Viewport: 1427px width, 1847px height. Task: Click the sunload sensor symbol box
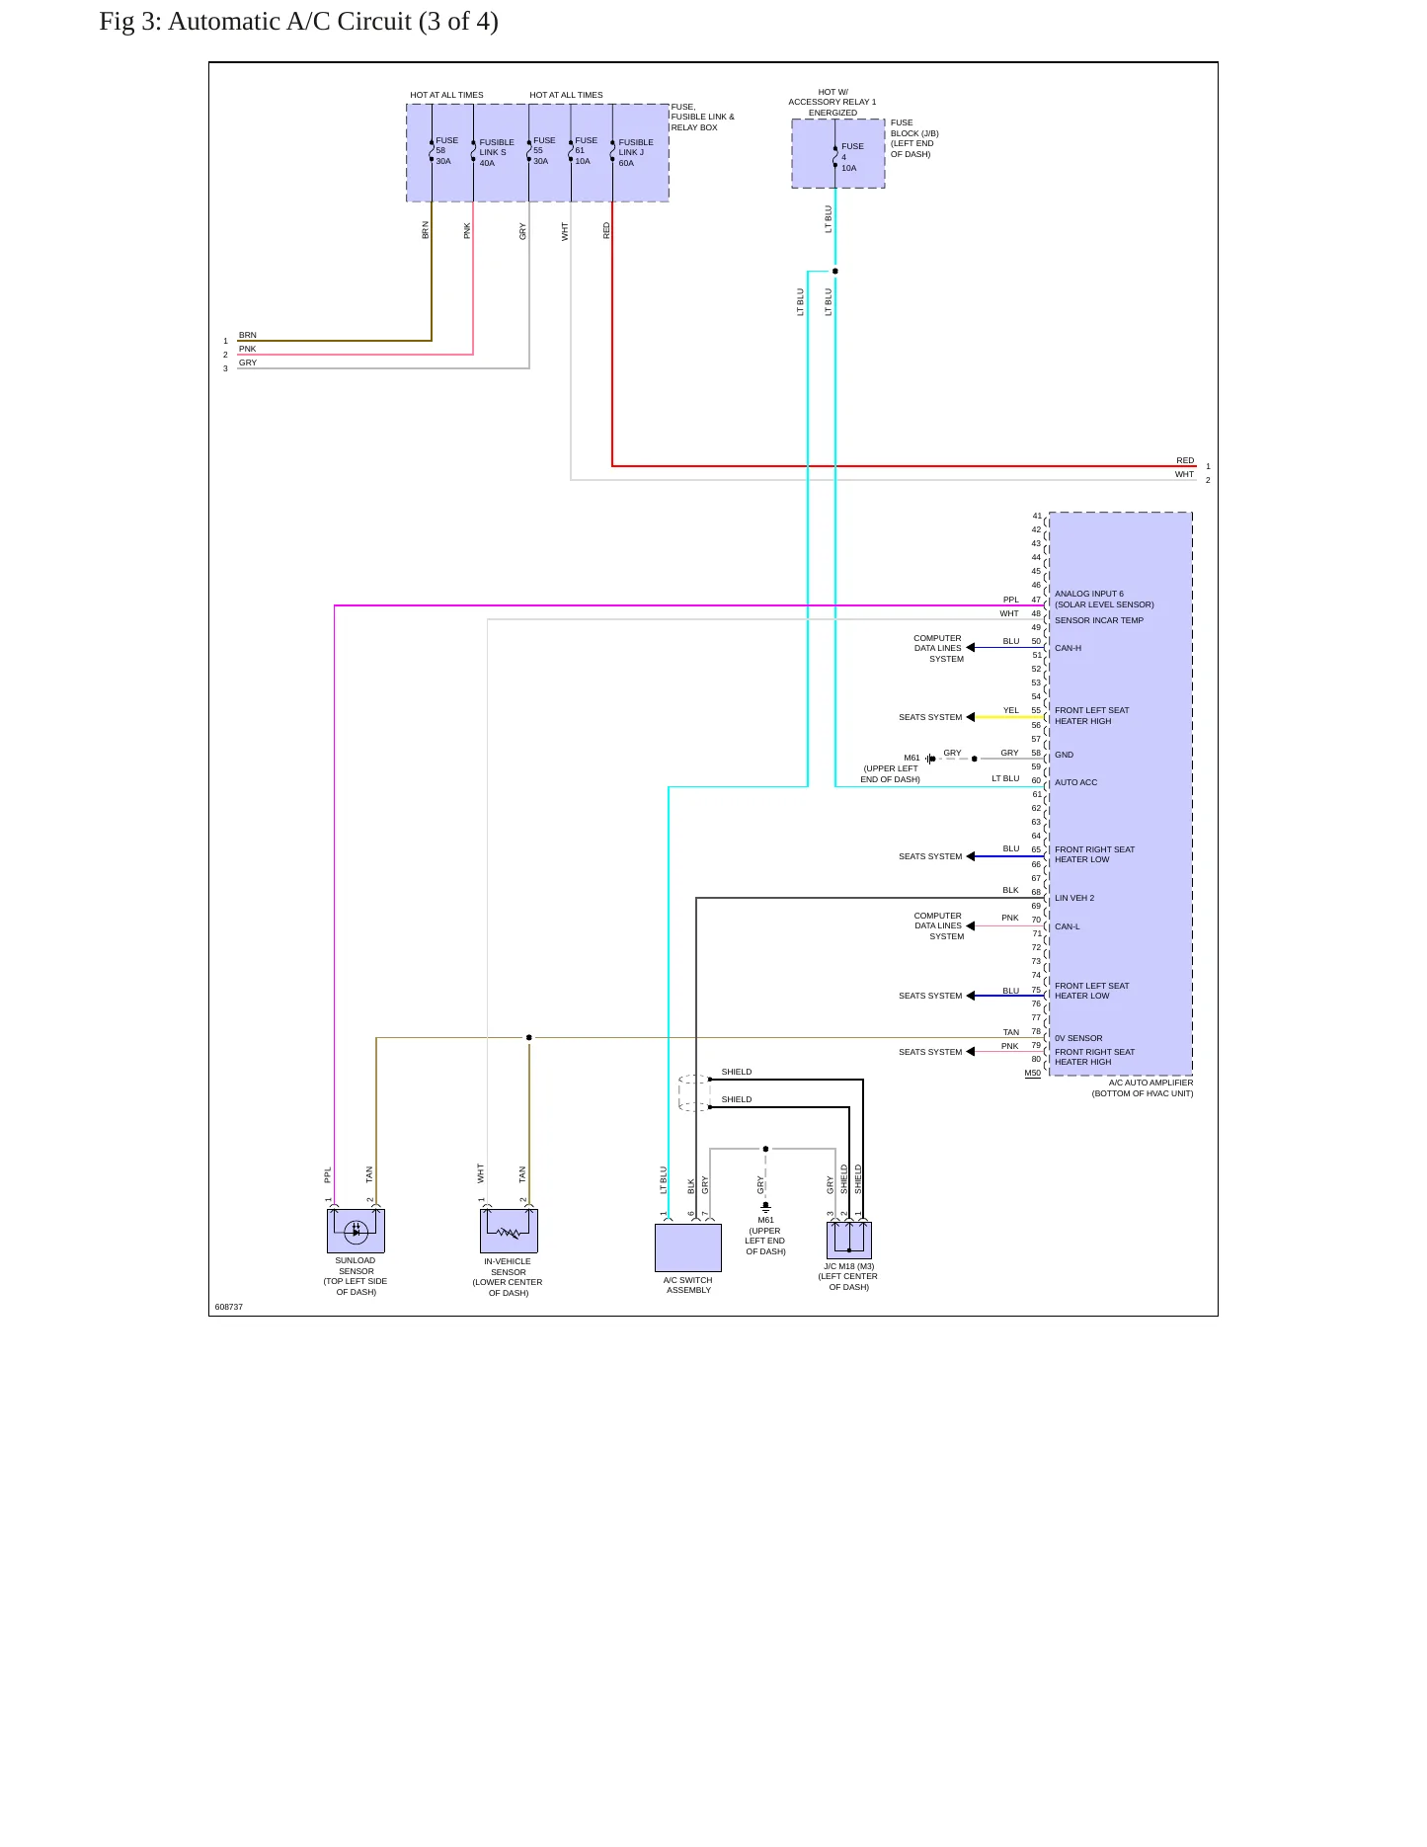pos(356,1231)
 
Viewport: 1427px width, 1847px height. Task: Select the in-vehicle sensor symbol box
pos(509,1231)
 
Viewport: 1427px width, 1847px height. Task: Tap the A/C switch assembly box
pos(688,1247)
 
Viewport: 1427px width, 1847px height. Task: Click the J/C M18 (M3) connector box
pos(849,1241)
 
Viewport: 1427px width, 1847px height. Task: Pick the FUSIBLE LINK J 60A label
pos(636,153)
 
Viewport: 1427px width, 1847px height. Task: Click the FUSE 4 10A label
pos(851,157)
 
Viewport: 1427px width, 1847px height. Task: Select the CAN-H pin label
pos(1068,648)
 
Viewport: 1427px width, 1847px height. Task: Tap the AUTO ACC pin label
pos(1075,782)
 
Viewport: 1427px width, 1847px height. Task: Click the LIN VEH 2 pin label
pos(1074,898)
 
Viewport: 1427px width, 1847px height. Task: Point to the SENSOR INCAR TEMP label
pos(1099,620)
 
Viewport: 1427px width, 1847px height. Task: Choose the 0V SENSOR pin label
pos(1078,1038)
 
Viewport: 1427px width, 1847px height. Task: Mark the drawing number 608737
pos(229,1307)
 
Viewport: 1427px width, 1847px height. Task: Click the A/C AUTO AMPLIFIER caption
pos(1150,1083)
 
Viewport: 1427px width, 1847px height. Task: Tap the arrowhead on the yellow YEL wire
pos(971,717)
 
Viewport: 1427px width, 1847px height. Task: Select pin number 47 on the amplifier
pos(1036,600)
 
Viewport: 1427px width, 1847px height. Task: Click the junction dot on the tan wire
pos(529,1037)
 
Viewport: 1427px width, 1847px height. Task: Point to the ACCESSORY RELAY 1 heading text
pos(832,102)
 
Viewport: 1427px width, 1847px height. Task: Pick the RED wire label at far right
pos(1185,460)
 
